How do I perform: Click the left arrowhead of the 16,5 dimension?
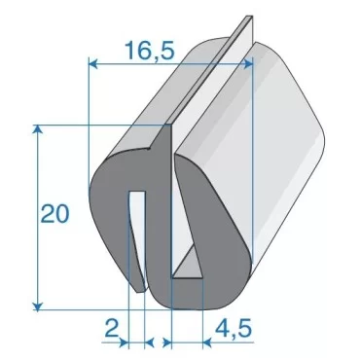93,65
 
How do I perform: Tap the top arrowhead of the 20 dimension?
39,130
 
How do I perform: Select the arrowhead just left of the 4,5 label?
168,342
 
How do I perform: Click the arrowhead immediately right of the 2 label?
148,342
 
